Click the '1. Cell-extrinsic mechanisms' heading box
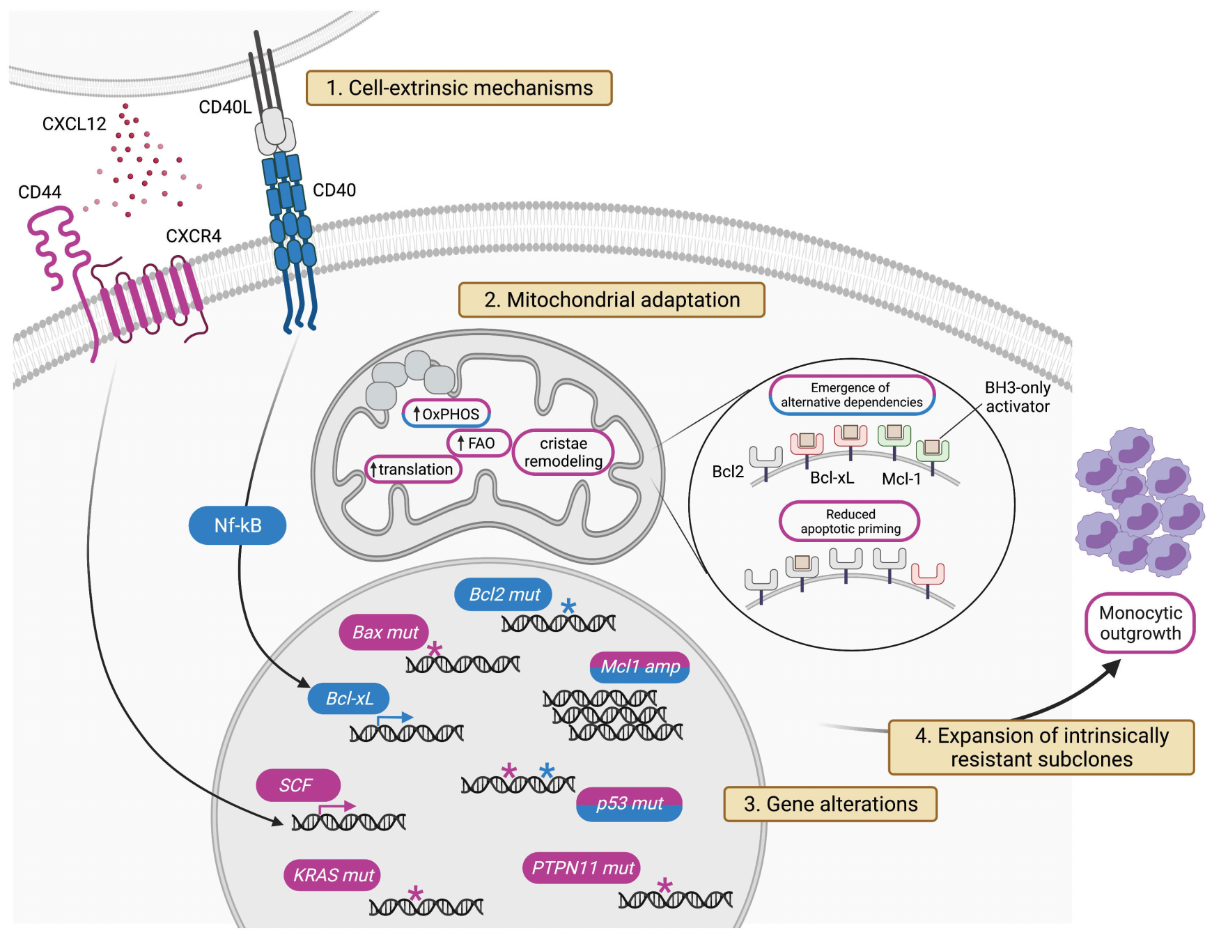(459, 88)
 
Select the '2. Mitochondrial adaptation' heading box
(612, 300)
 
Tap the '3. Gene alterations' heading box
(830, 804)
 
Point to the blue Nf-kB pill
(238, 525)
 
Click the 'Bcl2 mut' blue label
(504, 594)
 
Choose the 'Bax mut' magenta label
(384, 632)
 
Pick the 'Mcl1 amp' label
(639, 667)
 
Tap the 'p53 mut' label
(629, 803)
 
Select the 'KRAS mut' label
(333, 875)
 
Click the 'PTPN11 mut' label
(582, 868)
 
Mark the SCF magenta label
(297, 785)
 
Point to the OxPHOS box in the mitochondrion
(446, 414)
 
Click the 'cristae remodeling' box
(563, 452)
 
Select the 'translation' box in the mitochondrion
(413, 470)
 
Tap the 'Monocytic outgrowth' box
(1140, 623)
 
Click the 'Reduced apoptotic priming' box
(850, 521)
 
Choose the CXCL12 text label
(74, 124)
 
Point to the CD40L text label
(224, 107)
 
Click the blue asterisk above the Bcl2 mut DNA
(568, 605)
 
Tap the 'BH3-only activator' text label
(1017, 397)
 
